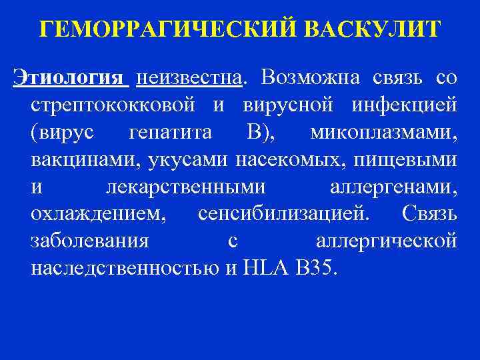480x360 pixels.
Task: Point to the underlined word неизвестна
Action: coord(188,79)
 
